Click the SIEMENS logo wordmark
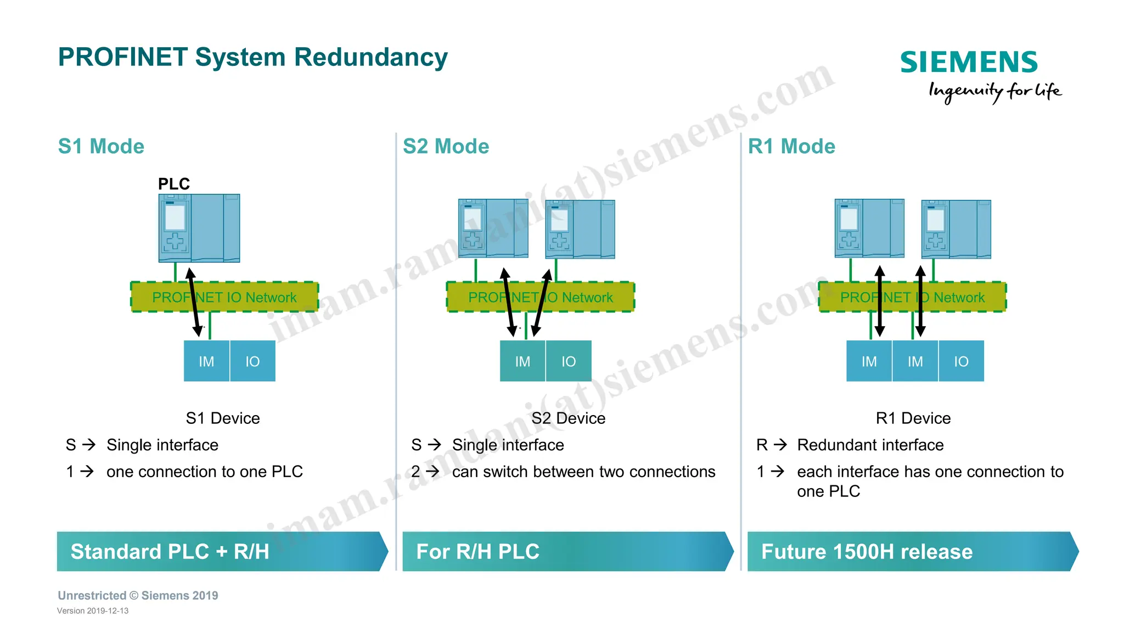click(969, 62)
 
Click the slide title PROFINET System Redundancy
click(252, 57)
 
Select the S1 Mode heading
click(101, 147)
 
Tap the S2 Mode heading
click(446, 147)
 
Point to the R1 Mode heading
click(791, 147)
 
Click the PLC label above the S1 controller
click(173, 184)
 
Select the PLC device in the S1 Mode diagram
click(199, 228)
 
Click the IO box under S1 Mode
click(252, 361)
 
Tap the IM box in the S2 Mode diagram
click(522, 361)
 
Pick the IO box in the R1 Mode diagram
click(961, 361)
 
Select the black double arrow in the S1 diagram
click(194, 302)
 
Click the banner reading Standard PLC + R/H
click(220, 551)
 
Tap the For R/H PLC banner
click(565, 551)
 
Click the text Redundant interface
click(870, 445)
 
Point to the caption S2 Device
click(568, 418)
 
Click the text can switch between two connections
click(583, 472)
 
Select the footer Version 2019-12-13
click(93, 611)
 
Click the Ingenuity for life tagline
click(994, 91)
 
